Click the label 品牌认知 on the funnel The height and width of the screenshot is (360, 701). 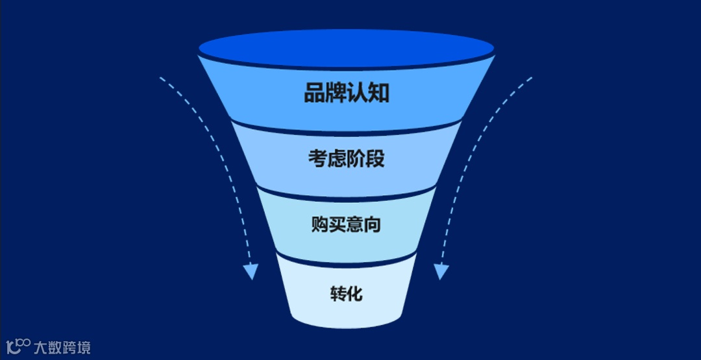347,93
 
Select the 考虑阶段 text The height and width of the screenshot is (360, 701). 347,158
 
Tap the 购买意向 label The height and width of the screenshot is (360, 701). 346,225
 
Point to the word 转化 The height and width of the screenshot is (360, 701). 346,294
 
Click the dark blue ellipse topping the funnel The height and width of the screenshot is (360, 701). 347,47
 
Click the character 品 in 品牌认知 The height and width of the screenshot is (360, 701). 315,93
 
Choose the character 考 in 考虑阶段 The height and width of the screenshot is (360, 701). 318,158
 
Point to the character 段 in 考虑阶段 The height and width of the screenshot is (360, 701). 375,158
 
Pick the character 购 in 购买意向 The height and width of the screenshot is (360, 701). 320,225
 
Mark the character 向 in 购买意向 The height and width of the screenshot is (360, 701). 373,225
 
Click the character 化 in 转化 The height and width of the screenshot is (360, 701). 354,294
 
